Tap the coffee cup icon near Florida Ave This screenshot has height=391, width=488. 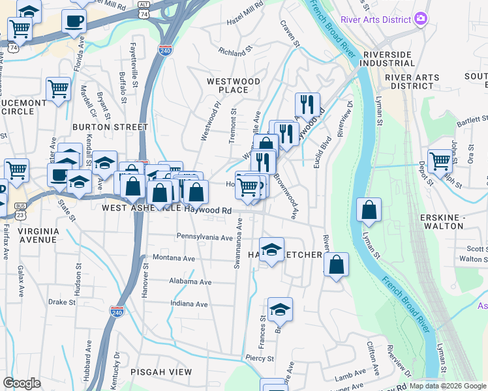click(74, 20)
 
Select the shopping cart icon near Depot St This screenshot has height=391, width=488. click(440, 160)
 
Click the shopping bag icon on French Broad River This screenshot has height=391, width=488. click(369, 210)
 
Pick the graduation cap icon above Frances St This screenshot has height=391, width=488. click(280, 309)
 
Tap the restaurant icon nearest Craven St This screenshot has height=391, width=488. click(307, 104)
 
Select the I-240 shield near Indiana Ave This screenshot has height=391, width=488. click(117, 312)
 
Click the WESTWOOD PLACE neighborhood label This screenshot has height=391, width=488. click(233, 85)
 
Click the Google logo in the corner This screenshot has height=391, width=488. click(22, 383)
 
